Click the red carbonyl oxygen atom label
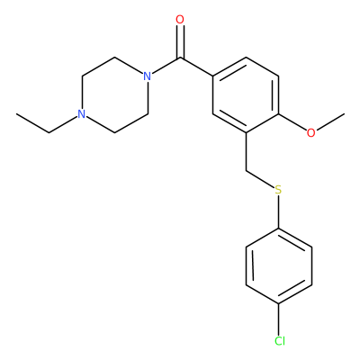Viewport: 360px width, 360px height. (180, 20)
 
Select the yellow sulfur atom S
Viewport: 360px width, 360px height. (279, 190)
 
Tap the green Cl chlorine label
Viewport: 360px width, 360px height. (280, 341)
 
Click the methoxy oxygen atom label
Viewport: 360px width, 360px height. (311, 133)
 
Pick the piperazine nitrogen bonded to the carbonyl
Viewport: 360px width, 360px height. (147, 76)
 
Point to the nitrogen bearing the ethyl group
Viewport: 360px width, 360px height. (81, 114)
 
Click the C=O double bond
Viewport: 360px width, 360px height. (180, 41)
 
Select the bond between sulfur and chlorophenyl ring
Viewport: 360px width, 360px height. (279, 211)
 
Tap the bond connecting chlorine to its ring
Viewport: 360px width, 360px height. (279, 319)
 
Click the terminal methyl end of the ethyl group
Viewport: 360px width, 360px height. (16, 114)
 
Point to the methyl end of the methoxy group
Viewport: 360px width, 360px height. (344, 114)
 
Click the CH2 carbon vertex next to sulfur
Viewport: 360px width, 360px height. (246, 171)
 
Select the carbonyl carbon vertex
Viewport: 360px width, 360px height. (180, 58)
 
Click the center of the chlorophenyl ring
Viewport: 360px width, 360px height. (279, 265)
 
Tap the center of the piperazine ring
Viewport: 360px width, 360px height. (114, 95)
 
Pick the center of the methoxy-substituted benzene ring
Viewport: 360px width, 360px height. (246, 95)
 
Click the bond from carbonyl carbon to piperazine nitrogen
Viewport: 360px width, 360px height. (166, 66)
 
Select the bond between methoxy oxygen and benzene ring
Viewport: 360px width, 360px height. (292, 122)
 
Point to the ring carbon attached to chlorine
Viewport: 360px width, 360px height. (279, 303)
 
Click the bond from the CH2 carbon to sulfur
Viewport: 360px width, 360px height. (260, 179)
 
